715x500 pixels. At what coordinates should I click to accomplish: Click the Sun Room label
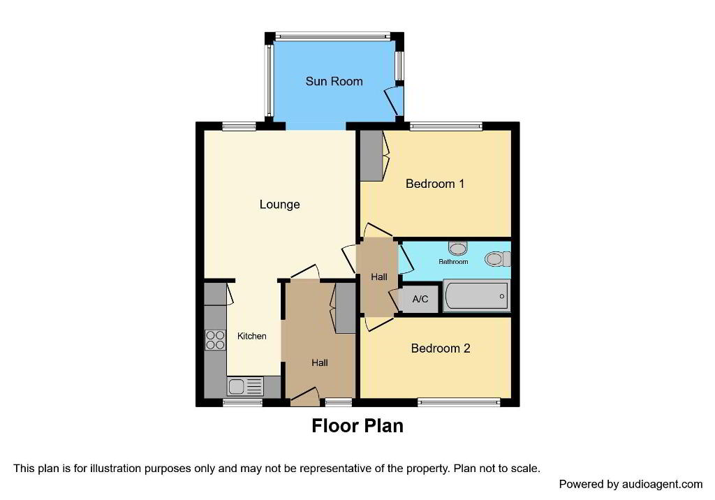pyautogui.click(x=334, y=81)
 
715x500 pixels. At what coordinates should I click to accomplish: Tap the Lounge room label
pyautogui.click(x=279, y=205)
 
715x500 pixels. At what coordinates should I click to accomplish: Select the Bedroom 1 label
pyautogui.click(x=434, y=184)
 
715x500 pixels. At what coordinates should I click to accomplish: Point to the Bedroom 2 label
pyautogui.click(x=440, y=348)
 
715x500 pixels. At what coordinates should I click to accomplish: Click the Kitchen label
pyautogui.click(x=251, y=336)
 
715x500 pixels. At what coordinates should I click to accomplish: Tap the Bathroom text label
pyautogui.click(x=453, y=261)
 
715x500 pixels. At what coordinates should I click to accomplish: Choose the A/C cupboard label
pyautogui.click(x=420, y=300)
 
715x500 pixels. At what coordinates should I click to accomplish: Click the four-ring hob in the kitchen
pyautogui.click(x=215, y=340)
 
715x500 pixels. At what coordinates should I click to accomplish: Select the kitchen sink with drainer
pyautogui.click(x=245, y=386)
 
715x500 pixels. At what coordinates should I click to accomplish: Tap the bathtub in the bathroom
pyautogui.click(x=476, y=296)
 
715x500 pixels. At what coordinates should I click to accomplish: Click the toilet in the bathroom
pyautogui.click(x=497, y=259)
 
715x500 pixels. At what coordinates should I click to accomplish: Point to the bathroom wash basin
pyautogui.click(x=458, y=248)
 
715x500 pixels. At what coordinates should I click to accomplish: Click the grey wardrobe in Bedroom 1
pyautogui.click(x=371, y=156)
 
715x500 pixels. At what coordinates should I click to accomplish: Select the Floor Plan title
pyautogui.click(x=357, y=426)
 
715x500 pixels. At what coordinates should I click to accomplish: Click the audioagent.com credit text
pyautogui.click(x=631, y=484)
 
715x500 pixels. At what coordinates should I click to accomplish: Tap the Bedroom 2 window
pyautogui.click(x=459, y=402)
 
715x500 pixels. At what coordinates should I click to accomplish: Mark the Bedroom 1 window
pyautogui.click(x=446, y=126)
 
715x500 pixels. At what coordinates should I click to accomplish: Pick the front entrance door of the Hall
pyautogui.click(x=304, y=397)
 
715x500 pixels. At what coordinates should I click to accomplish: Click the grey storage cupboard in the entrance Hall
pyautogui.click(x=345, y=308)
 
